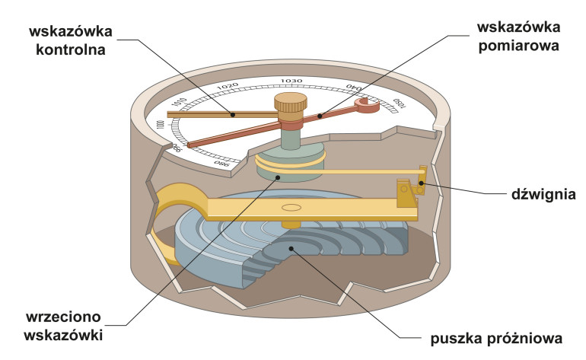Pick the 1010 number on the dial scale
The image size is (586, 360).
(x=180, y=104)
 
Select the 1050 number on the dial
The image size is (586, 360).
(x=398, y=105)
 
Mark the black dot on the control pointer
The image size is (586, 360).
(x=233, y=115)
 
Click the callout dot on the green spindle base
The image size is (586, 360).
(x=279, y=177)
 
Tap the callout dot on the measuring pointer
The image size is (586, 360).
(x=320, y=116)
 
